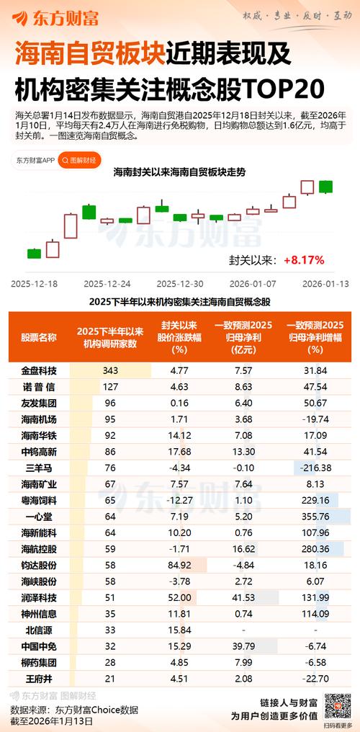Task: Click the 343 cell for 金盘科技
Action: pyautogui.click(x=109, y=370)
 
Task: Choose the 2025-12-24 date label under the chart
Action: pyautogui.click(x=107, y=284)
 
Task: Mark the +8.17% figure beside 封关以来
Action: pyautogui.click(x=304, y=259)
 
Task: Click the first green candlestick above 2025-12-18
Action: pyautogui.click(x=34, y=253)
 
